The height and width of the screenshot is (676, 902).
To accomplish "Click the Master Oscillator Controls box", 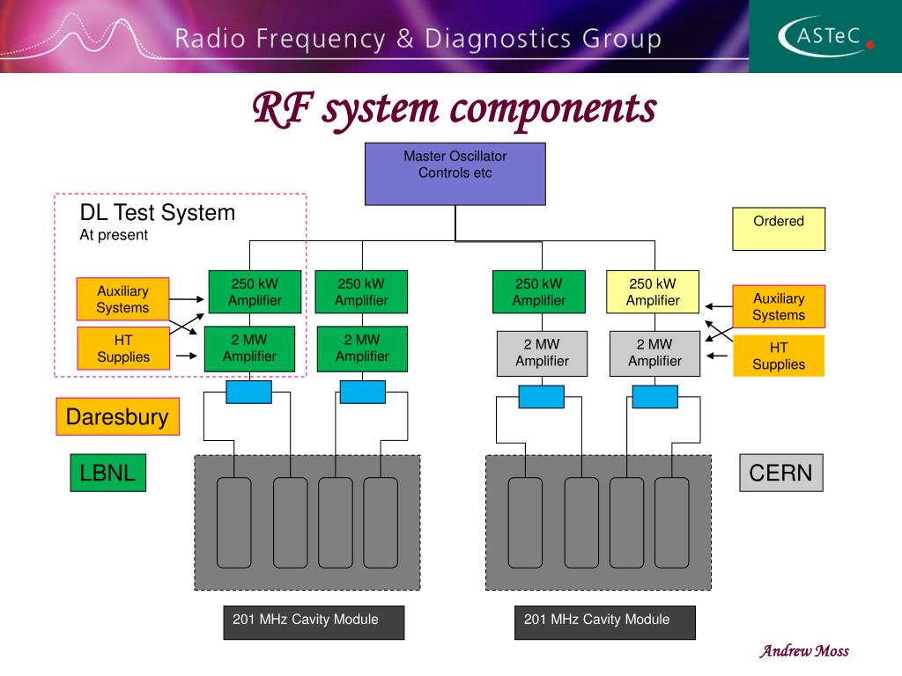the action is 455,174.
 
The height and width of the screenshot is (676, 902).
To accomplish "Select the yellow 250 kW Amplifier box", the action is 653,292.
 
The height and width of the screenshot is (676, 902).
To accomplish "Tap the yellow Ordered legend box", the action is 779,229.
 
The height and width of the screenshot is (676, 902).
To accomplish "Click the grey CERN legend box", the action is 781,473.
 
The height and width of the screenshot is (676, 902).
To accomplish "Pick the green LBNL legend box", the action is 108,473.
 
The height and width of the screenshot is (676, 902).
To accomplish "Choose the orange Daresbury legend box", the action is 117,416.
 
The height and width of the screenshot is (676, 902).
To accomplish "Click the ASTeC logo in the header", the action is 825,36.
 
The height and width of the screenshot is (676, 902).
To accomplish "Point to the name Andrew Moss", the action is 804,650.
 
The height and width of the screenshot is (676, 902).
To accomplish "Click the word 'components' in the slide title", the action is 553,110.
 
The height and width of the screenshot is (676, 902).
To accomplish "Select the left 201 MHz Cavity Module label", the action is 314,622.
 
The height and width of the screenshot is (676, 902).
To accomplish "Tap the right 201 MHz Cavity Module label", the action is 605,622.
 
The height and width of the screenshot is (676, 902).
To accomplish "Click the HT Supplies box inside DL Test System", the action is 123,349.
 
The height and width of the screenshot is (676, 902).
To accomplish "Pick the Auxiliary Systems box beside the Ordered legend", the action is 779,306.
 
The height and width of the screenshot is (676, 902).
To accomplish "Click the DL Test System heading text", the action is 158,213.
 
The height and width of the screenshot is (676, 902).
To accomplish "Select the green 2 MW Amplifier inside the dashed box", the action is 249,349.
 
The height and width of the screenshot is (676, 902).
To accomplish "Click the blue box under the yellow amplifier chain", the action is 655,397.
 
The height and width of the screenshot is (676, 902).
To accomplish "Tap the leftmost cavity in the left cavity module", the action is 234,523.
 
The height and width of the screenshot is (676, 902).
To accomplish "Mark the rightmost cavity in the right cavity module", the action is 672,523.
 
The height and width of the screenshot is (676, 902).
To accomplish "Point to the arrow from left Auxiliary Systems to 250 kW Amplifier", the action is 187,299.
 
